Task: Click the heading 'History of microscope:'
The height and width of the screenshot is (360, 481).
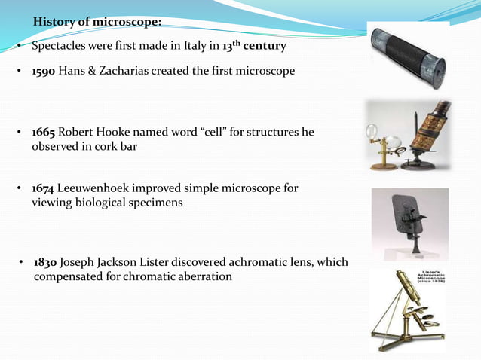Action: point(97,21)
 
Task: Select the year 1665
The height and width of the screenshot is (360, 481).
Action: point(43,133)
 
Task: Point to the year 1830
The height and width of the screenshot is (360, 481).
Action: point(45,263)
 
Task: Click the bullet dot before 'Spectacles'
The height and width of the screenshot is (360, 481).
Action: point(20,47)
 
